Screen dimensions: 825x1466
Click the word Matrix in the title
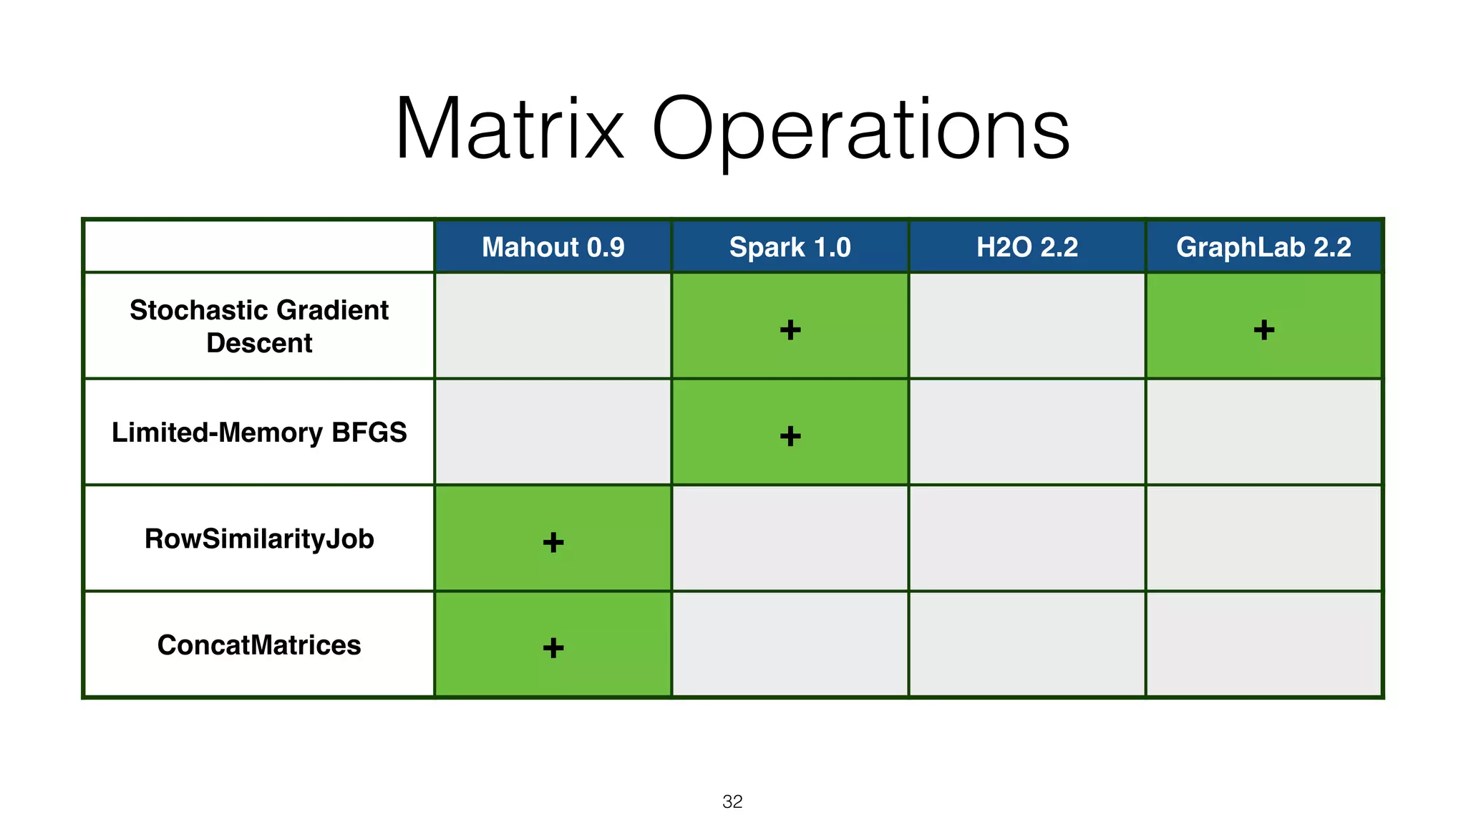pos(510,130)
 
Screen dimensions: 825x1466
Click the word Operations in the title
pos(861,130)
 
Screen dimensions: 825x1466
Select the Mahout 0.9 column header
pos(553,247)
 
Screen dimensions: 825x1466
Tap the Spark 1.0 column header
pos(790,247)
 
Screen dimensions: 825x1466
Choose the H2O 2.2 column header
pos(1026,247)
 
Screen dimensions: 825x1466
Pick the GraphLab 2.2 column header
pos(1263,247)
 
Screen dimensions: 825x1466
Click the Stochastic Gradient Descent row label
pos(259,326)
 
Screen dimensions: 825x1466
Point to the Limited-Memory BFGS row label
pos(259,433)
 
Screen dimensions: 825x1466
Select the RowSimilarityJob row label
pos(259,539)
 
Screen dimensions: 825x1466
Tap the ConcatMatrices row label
pos(259,645)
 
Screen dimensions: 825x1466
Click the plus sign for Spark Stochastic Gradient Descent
pos(790,329)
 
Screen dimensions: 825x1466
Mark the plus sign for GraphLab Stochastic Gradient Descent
pos(1263,329)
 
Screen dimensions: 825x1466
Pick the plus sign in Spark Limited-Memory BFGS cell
pos(790,435)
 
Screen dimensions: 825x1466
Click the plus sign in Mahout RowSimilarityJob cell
pos(553,542)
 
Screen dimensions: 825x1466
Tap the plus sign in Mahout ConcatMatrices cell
pos(553,648)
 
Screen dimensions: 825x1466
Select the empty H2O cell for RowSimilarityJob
pos(1026,539)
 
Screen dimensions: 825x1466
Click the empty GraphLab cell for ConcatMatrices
pos(1263,645)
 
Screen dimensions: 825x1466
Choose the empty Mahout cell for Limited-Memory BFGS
pos(553,433)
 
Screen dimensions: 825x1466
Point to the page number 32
pos(732,801)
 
